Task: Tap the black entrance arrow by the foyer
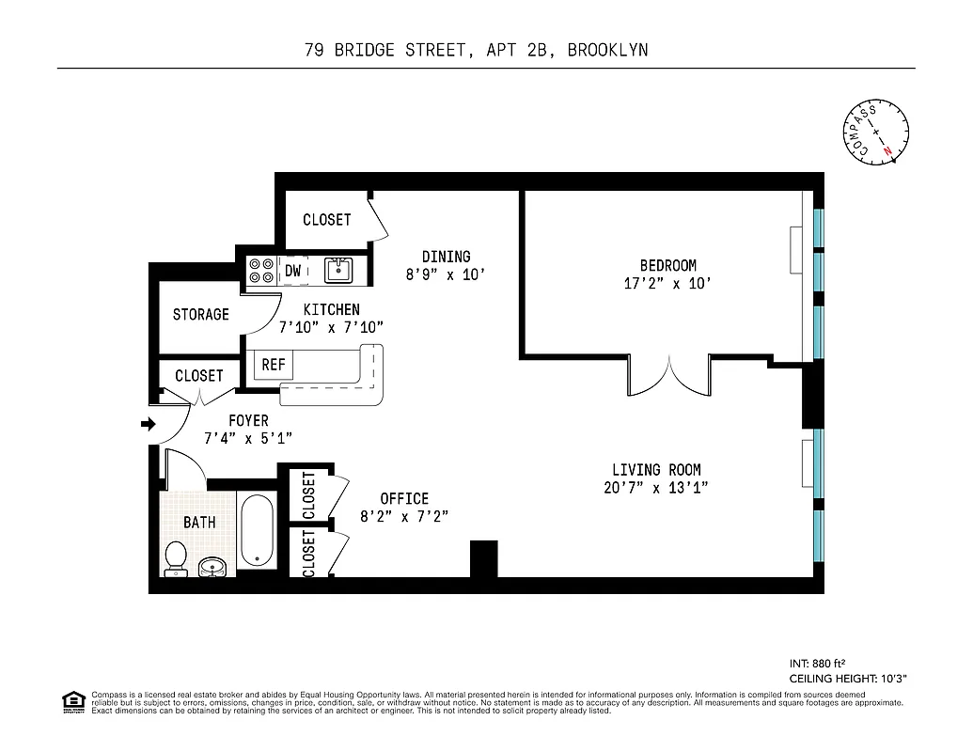[148, 425]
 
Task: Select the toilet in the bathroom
[176, 558]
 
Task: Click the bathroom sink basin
[212, 566]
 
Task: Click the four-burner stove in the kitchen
[260, 271]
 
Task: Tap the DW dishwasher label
[293, 271]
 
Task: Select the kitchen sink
[338, 271]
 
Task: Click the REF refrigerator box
[273, 365]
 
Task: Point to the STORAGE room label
[200, 314]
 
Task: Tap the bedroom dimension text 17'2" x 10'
[661, 283]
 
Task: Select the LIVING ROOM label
[656, 470]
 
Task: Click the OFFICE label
[404, 498]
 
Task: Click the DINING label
[446, 257]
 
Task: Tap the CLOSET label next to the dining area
[326, 219]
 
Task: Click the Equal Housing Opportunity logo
[71, 700]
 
